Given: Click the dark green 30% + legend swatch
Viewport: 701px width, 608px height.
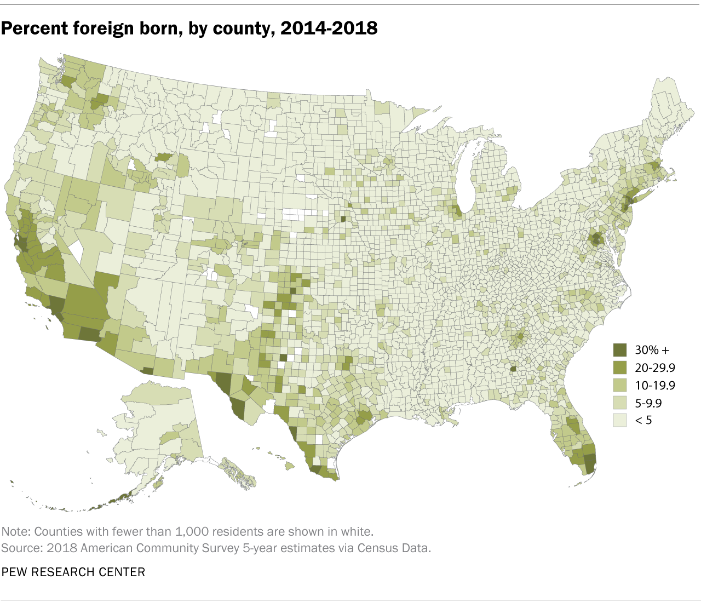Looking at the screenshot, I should (x=620, y=349).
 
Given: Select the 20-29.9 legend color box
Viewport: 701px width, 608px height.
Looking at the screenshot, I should (x=620, y=367).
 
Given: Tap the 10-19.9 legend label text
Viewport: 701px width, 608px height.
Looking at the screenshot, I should (x=655, y=385).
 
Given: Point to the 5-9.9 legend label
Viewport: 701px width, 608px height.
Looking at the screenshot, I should (x=648, y=403).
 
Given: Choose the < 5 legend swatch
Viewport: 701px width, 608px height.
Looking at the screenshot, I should (x=620, y=421).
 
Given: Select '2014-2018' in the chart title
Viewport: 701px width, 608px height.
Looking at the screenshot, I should (x=329, y=28).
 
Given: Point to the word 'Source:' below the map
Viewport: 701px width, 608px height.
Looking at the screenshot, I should (x=21, y=548).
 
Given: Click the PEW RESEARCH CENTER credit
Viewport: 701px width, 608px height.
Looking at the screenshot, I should (x=73, y=572).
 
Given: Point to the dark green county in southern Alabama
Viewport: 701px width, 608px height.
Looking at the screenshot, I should (x=513, y=369).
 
